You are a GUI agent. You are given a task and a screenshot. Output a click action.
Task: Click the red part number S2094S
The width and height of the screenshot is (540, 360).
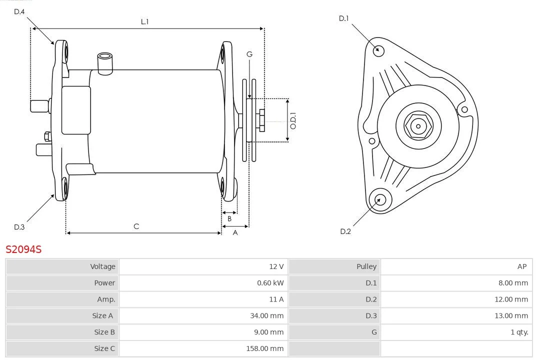pos(23,249)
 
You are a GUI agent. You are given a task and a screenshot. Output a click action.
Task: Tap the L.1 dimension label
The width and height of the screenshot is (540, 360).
pos(144,21)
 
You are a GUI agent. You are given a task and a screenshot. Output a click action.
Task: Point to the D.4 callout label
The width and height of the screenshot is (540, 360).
pos(19,11)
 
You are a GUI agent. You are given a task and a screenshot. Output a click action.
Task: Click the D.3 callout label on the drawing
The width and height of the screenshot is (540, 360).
pos(19,227)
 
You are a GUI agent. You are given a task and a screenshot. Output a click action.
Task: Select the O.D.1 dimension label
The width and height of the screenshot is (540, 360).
pos(293,120)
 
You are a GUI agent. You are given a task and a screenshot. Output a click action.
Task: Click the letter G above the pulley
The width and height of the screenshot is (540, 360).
pos(249,54)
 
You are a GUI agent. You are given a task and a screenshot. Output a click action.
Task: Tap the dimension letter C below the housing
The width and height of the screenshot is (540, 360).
pos(136,226)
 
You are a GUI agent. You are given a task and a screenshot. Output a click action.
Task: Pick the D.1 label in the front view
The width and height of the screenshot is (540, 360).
pos(343,18)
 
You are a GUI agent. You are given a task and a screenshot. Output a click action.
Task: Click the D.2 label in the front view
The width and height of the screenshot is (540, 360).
pos(345,231)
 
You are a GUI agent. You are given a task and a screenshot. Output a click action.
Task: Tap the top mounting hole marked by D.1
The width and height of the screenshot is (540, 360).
pos(379,49)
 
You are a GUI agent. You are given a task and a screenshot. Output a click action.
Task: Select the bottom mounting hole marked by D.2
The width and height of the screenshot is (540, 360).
pos(378,200)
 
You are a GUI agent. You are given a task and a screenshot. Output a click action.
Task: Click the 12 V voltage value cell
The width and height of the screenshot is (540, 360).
pos(276,266)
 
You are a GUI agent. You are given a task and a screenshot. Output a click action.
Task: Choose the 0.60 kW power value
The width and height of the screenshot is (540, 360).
pos(270,283)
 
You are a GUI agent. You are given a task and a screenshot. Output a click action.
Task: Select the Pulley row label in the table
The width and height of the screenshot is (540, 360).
pos(366,266)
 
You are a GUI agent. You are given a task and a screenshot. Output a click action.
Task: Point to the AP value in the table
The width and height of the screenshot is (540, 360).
pos(522,266)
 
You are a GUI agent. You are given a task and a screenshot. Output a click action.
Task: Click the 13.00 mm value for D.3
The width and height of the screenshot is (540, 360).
pos(510,315)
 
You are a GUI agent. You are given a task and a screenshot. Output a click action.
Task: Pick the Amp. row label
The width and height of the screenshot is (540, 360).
pos(106,299)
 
